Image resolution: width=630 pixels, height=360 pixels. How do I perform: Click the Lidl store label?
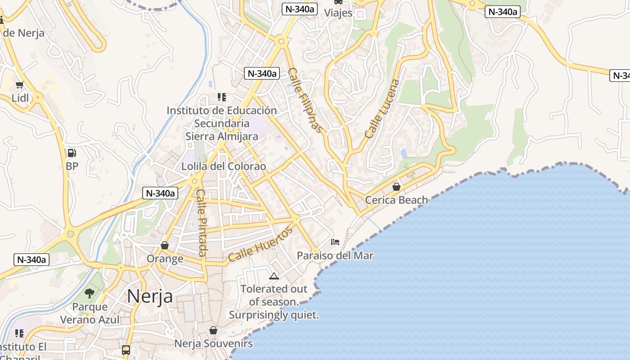[20, 98]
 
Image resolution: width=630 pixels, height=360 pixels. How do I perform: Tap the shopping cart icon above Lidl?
[19, 85]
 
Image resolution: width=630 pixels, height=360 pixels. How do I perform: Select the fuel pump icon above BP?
[72, 153]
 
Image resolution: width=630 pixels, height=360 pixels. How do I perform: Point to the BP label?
[72, 166]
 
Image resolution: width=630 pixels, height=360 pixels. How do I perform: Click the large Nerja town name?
[150, 296]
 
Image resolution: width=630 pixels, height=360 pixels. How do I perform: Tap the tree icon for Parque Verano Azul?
[90, 293]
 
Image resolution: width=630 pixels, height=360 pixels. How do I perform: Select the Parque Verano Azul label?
[90, 313]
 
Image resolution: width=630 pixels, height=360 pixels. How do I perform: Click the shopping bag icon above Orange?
[165, 245]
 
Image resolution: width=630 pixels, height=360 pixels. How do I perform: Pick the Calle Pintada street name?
[202, 223]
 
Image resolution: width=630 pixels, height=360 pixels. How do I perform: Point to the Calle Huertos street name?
[260, 244]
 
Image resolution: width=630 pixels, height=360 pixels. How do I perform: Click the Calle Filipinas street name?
[306, 100]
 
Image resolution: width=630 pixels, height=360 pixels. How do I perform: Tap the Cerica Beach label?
[396, 200]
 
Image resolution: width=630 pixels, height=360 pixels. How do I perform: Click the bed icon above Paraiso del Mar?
[335, 242]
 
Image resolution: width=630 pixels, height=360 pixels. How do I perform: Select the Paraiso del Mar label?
[335, 256]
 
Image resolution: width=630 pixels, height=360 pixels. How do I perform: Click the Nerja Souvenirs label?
[213, 344]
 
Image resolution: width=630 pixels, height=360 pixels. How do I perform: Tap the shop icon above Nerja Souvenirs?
[213, 331]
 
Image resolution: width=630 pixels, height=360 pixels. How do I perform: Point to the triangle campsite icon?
[274, 276]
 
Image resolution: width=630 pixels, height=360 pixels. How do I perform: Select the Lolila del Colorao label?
[224, 166]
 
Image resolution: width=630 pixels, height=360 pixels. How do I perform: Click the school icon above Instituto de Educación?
[221, 97]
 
